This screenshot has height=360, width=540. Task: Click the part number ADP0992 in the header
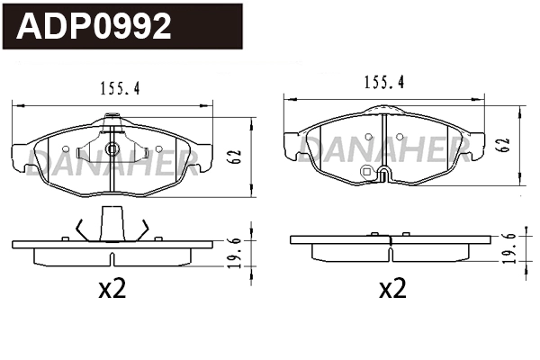point(94,27)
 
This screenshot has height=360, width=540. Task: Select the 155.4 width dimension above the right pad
point(383,82)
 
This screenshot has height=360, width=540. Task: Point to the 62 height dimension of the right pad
point(504,144)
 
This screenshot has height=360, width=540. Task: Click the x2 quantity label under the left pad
point(112,289)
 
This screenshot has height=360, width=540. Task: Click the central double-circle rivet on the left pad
point(112,149)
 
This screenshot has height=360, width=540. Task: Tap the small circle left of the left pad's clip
point(65,148)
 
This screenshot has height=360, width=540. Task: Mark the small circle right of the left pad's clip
point(158,148)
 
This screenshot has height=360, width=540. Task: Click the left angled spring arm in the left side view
point(81,229)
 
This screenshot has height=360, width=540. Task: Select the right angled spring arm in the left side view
point(141,229)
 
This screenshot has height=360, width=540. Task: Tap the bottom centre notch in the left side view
point(112,260)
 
